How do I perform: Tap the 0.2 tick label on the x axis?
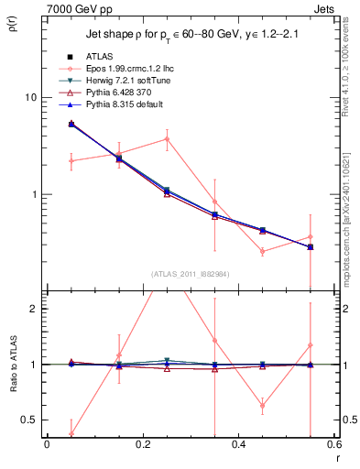[x=142, y=445]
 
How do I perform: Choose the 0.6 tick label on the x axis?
[x=333, y=445]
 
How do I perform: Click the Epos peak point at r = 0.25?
[x=167, y=139]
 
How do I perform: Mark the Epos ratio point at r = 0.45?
[x=263, y=405]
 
